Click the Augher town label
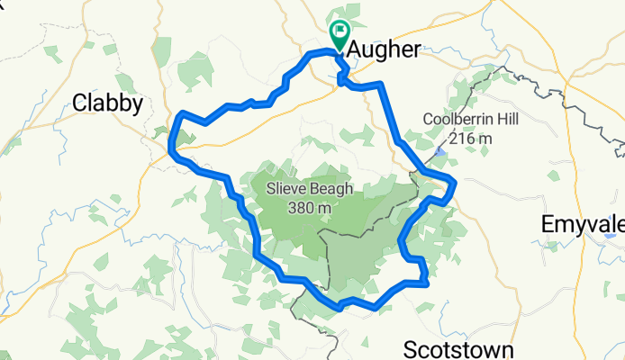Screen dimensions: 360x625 (383, 50)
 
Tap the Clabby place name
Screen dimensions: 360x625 (107, 104)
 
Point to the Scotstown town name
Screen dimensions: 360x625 (458, 349)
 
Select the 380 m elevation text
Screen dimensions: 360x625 (309, 208)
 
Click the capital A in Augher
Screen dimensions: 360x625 (353, 50)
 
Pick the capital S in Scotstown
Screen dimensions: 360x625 (411, 349)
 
